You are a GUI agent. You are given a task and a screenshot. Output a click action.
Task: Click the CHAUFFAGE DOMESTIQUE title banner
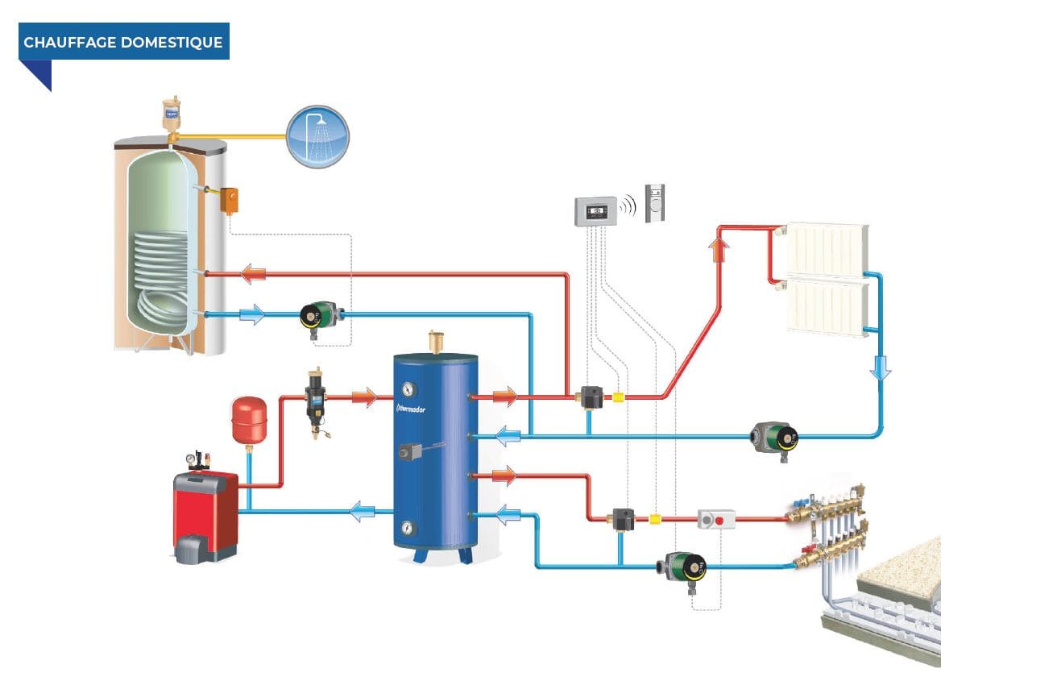coord(123,42)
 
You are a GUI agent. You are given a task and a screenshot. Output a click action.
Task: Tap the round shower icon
coord(318,136)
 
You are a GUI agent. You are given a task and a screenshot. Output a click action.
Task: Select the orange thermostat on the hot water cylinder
coord(230,199)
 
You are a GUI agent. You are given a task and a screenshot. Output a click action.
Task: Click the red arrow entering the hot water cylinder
coord(255,275)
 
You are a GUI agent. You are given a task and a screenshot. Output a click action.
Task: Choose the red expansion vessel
coord(249,420)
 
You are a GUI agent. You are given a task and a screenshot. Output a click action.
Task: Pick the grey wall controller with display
coord(595,212)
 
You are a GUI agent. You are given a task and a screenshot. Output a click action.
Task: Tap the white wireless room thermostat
coord(655,201)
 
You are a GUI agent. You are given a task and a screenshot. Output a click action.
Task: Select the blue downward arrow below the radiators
coord(882,368)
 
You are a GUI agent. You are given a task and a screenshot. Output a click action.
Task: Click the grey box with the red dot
coord(716,519)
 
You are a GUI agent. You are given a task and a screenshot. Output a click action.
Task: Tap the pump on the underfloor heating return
coord(683,568)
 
